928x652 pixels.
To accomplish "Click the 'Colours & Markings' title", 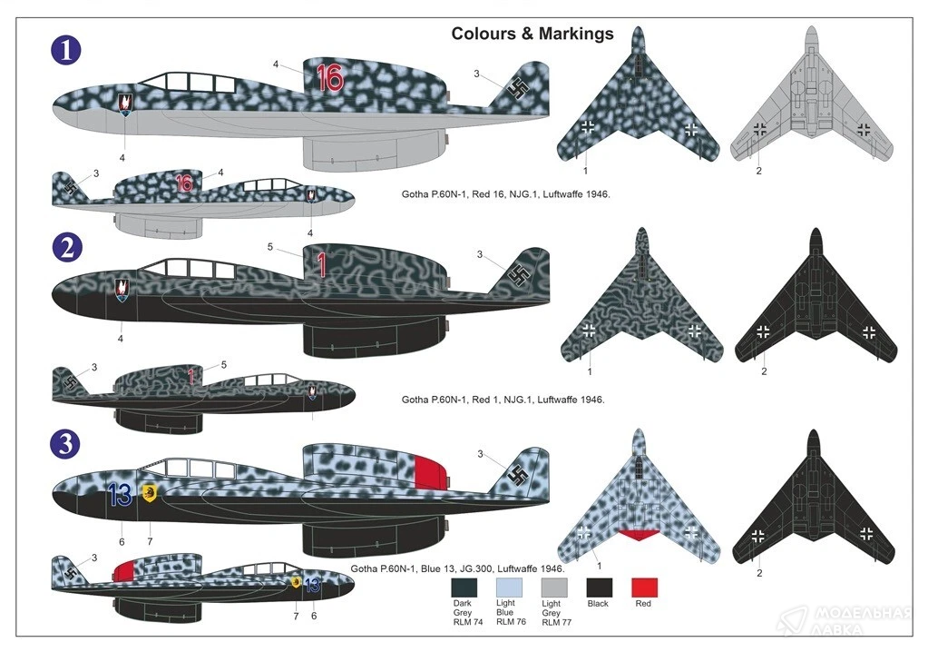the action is (532, 34).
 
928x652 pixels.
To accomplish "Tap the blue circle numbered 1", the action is (65, 50).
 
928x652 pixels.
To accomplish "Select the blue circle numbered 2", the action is (67, 248).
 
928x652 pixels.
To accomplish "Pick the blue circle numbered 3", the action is (65, 443).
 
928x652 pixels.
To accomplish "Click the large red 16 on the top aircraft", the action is (329, 77).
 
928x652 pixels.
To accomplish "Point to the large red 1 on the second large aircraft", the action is (322, 265).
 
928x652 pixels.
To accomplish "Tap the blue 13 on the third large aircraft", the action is (120, 495).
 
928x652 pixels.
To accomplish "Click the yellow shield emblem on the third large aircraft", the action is (149, 493).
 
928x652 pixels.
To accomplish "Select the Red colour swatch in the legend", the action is (644, 588).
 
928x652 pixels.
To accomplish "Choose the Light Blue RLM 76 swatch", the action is (509, 588).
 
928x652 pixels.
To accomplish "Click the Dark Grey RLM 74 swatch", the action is (464, 588).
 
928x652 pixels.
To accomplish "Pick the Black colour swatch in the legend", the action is (599, 588).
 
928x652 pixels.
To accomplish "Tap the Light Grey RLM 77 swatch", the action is (554, 588).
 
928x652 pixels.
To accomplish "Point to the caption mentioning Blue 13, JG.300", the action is (457, 568).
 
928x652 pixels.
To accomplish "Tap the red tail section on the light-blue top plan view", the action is (639, 535).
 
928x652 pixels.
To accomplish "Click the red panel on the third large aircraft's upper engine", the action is (430, 473).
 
